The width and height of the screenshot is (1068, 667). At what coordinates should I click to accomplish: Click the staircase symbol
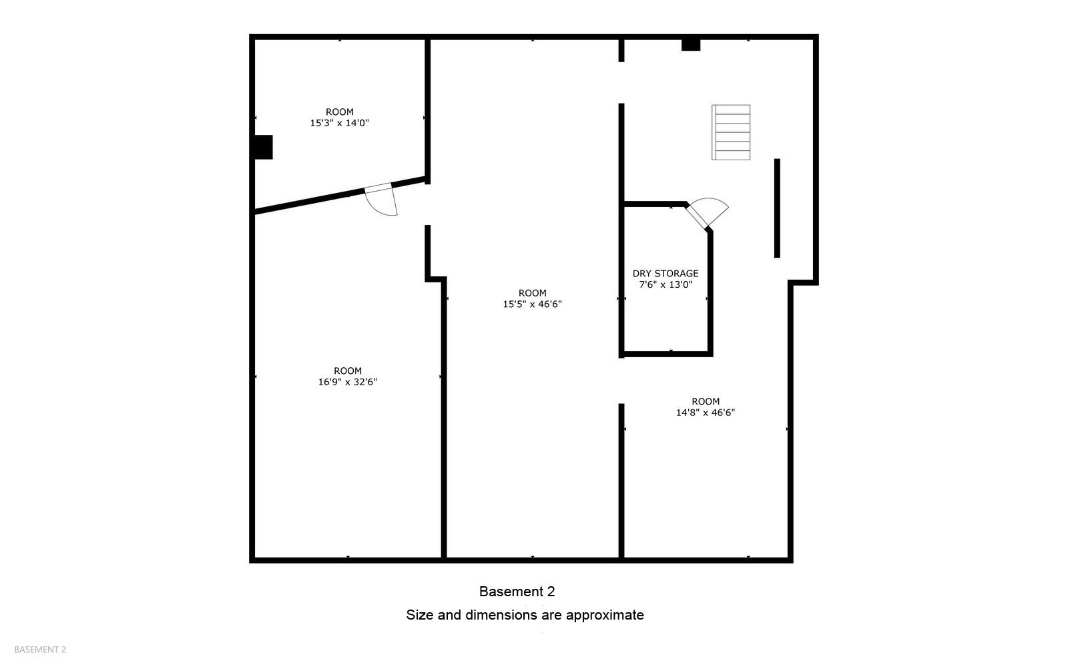730,132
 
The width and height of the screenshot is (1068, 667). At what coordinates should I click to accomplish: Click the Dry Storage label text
665,273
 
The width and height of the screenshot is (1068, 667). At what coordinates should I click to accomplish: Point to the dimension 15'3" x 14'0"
339,123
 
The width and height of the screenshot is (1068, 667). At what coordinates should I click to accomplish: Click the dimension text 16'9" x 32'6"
348,382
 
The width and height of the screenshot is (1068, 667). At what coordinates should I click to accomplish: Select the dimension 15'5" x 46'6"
532,304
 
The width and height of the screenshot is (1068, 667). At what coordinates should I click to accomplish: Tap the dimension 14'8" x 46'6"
706,413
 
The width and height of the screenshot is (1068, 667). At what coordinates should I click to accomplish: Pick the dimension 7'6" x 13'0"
665,284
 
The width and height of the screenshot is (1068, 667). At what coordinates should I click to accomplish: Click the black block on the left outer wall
263,147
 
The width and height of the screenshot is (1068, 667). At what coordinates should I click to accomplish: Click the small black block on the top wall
690,45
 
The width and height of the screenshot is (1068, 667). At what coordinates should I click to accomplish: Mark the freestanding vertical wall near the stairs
777,208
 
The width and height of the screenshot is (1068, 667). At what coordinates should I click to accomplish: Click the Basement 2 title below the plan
517,592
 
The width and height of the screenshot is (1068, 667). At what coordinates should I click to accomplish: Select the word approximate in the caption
604,615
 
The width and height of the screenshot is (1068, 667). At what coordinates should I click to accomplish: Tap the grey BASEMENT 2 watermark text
40,650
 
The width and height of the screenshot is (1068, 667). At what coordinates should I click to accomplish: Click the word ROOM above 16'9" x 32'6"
348,371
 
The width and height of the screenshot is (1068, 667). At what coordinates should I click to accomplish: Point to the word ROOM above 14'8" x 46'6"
706,401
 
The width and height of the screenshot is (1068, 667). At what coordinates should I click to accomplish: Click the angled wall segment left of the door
307,202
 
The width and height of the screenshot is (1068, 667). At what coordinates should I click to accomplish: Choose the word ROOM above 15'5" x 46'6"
532,292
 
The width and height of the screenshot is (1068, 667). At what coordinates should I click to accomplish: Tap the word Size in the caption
420,615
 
